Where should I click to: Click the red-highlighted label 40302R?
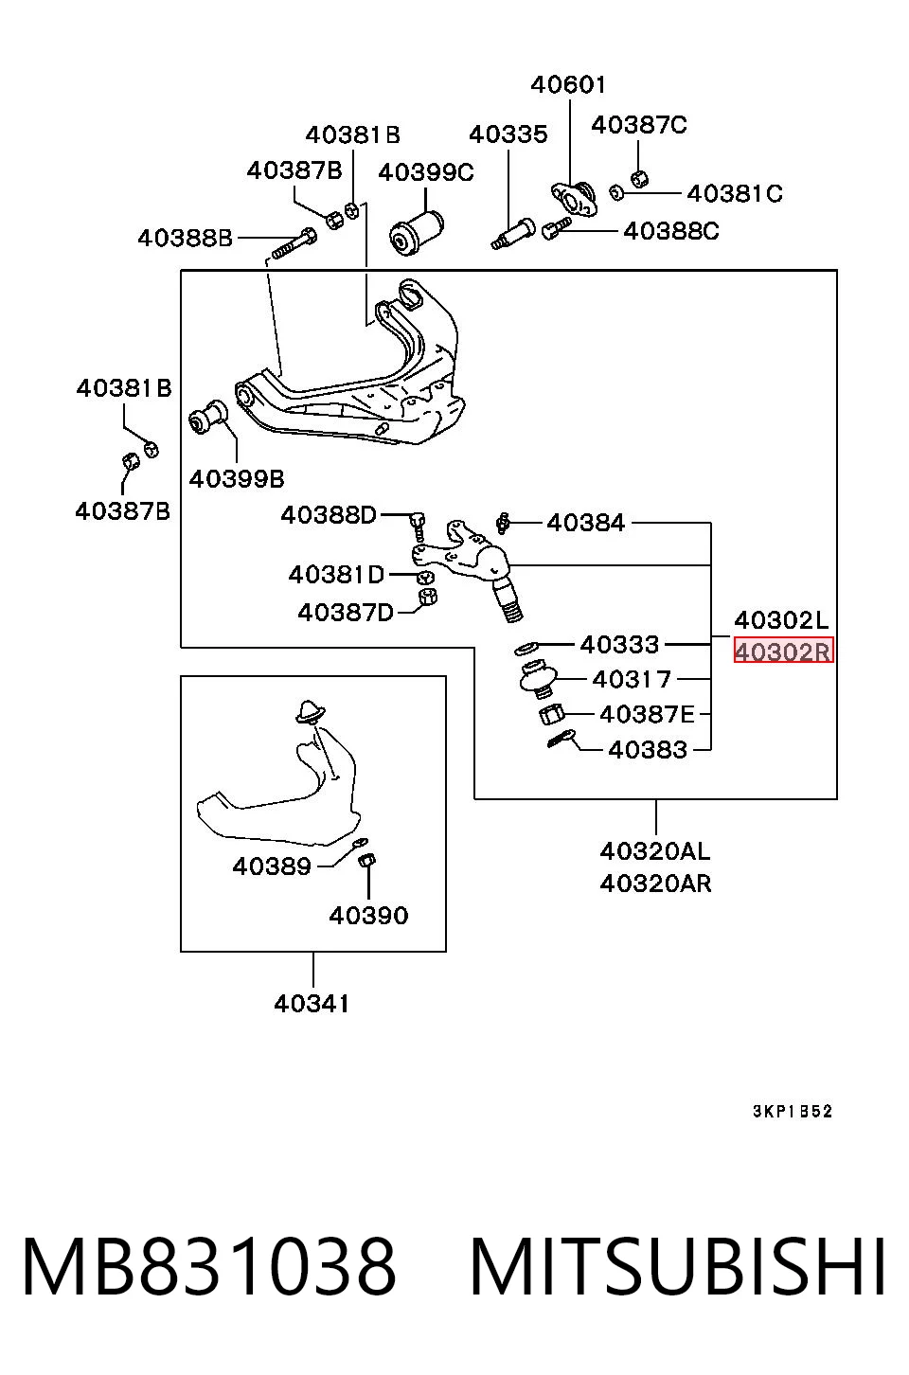click(783, 651)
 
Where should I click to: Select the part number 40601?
click(568, 84)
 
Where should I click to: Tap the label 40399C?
click(426, 172)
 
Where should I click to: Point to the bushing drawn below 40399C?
click(418, 232)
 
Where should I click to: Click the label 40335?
click(508, 134)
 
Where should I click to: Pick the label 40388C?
click(670, 231)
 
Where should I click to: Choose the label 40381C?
click(735, 194)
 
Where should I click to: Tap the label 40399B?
click(237, 479)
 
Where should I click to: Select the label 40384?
click(585, 523)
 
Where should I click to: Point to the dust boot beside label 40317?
click(538, 679)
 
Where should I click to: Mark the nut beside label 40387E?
click(551, 714)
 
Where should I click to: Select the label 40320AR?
click(655, 884)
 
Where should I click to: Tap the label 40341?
click(312, 1004)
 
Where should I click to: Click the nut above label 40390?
click(366, 861)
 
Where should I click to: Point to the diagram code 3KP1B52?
click(793, 1111)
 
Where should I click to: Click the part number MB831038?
click(208, 1266)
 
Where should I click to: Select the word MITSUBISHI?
click(678, 1266)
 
